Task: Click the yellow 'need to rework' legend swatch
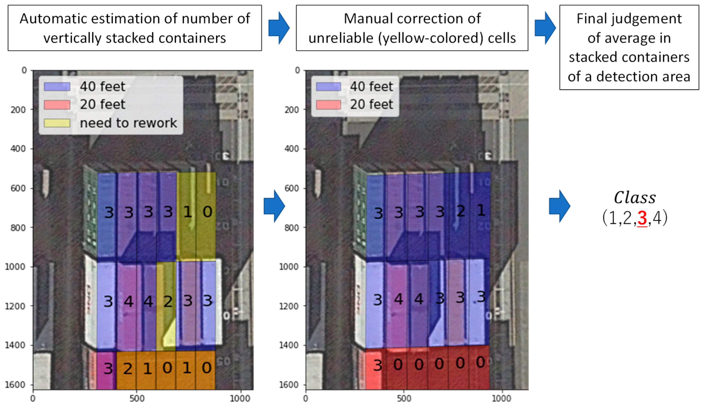57,123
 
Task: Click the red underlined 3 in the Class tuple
642,218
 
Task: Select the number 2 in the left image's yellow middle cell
168,301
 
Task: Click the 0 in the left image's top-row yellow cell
207,212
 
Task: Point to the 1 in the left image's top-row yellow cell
188,212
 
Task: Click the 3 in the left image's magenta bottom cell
108,368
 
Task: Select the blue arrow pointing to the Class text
559,206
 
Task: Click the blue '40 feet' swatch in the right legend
329,87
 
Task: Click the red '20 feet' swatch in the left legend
57,105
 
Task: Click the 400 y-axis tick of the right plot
291,149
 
